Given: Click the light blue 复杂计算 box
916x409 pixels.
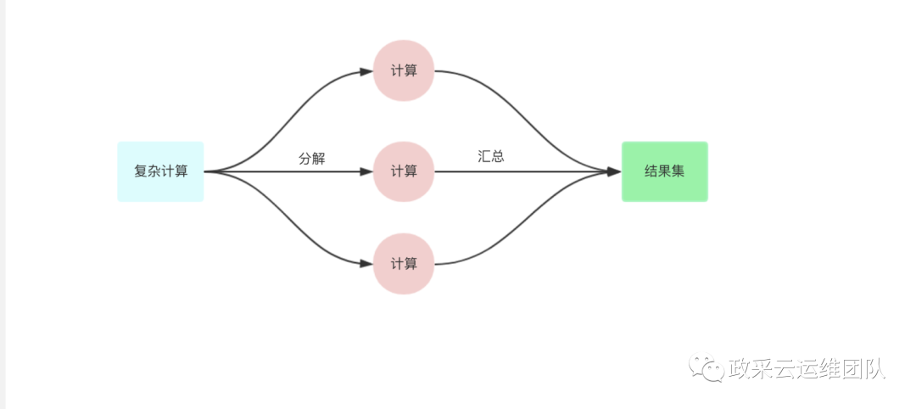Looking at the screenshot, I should coord(160,171).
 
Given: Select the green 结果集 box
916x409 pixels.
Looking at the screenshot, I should coord(664,171).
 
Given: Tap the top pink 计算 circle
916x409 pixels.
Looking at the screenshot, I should coord(404,71).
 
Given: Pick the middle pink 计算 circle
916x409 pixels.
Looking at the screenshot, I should coord(404,171).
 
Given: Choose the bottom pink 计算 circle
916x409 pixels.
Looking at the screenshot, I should coord(404,264).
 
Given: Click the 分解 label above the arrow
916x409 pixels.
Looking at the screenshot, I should coord(312,159).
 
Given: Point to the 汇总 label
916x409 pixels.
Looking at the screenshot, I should coord(491,156).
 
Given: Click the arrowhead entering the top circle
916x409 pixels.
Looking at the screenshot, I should coord(366,72).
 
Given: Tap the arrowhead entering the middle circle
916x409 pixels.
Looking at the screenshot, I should coord(366,171).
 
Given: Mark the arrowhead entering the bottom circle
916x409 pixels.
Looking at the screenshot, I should coord(366,264).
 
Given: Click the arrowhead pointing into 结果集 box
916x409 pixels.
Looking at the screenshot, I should coord(615,171).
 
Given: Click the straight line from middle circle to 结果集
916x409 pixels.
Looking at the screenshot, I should coord(526,171).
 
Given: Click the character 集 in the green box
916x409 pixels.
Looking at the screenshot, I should coord(678,171).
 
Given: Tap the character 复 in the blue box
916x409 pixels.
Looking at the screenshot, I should coord(140,171).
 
